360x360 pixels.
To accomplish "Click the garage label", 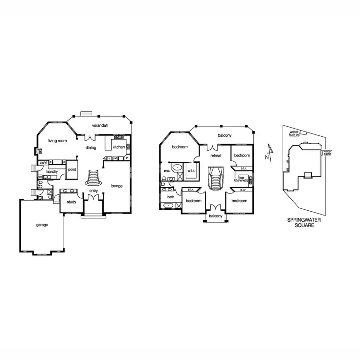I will pos(42,225).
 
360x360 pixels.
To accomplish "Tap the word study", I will pos(72,202).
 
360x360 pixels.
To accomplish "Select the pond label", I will pos(72,169).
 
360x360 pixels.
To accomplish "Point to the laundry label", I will pos(52,171).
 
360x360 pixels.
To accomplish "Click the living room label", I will pos(57,141).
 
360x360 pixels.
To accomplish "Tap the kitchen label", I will pos(119,147).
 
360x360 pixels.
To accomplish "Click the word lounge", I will pos(117,186).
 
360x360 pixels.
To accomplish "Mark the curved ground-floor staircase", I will pos(94,180).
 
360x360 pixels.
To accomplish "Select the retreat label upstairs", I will pos(216,156).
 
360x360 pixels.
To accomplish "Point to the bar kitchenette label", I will pos(240,179).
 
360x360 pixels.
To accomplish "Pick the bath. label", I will pos(171,197).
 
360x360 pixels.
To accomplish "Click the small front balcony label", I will pos(216,216).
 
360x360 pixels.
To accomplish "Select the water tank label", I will pos(327,153).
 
